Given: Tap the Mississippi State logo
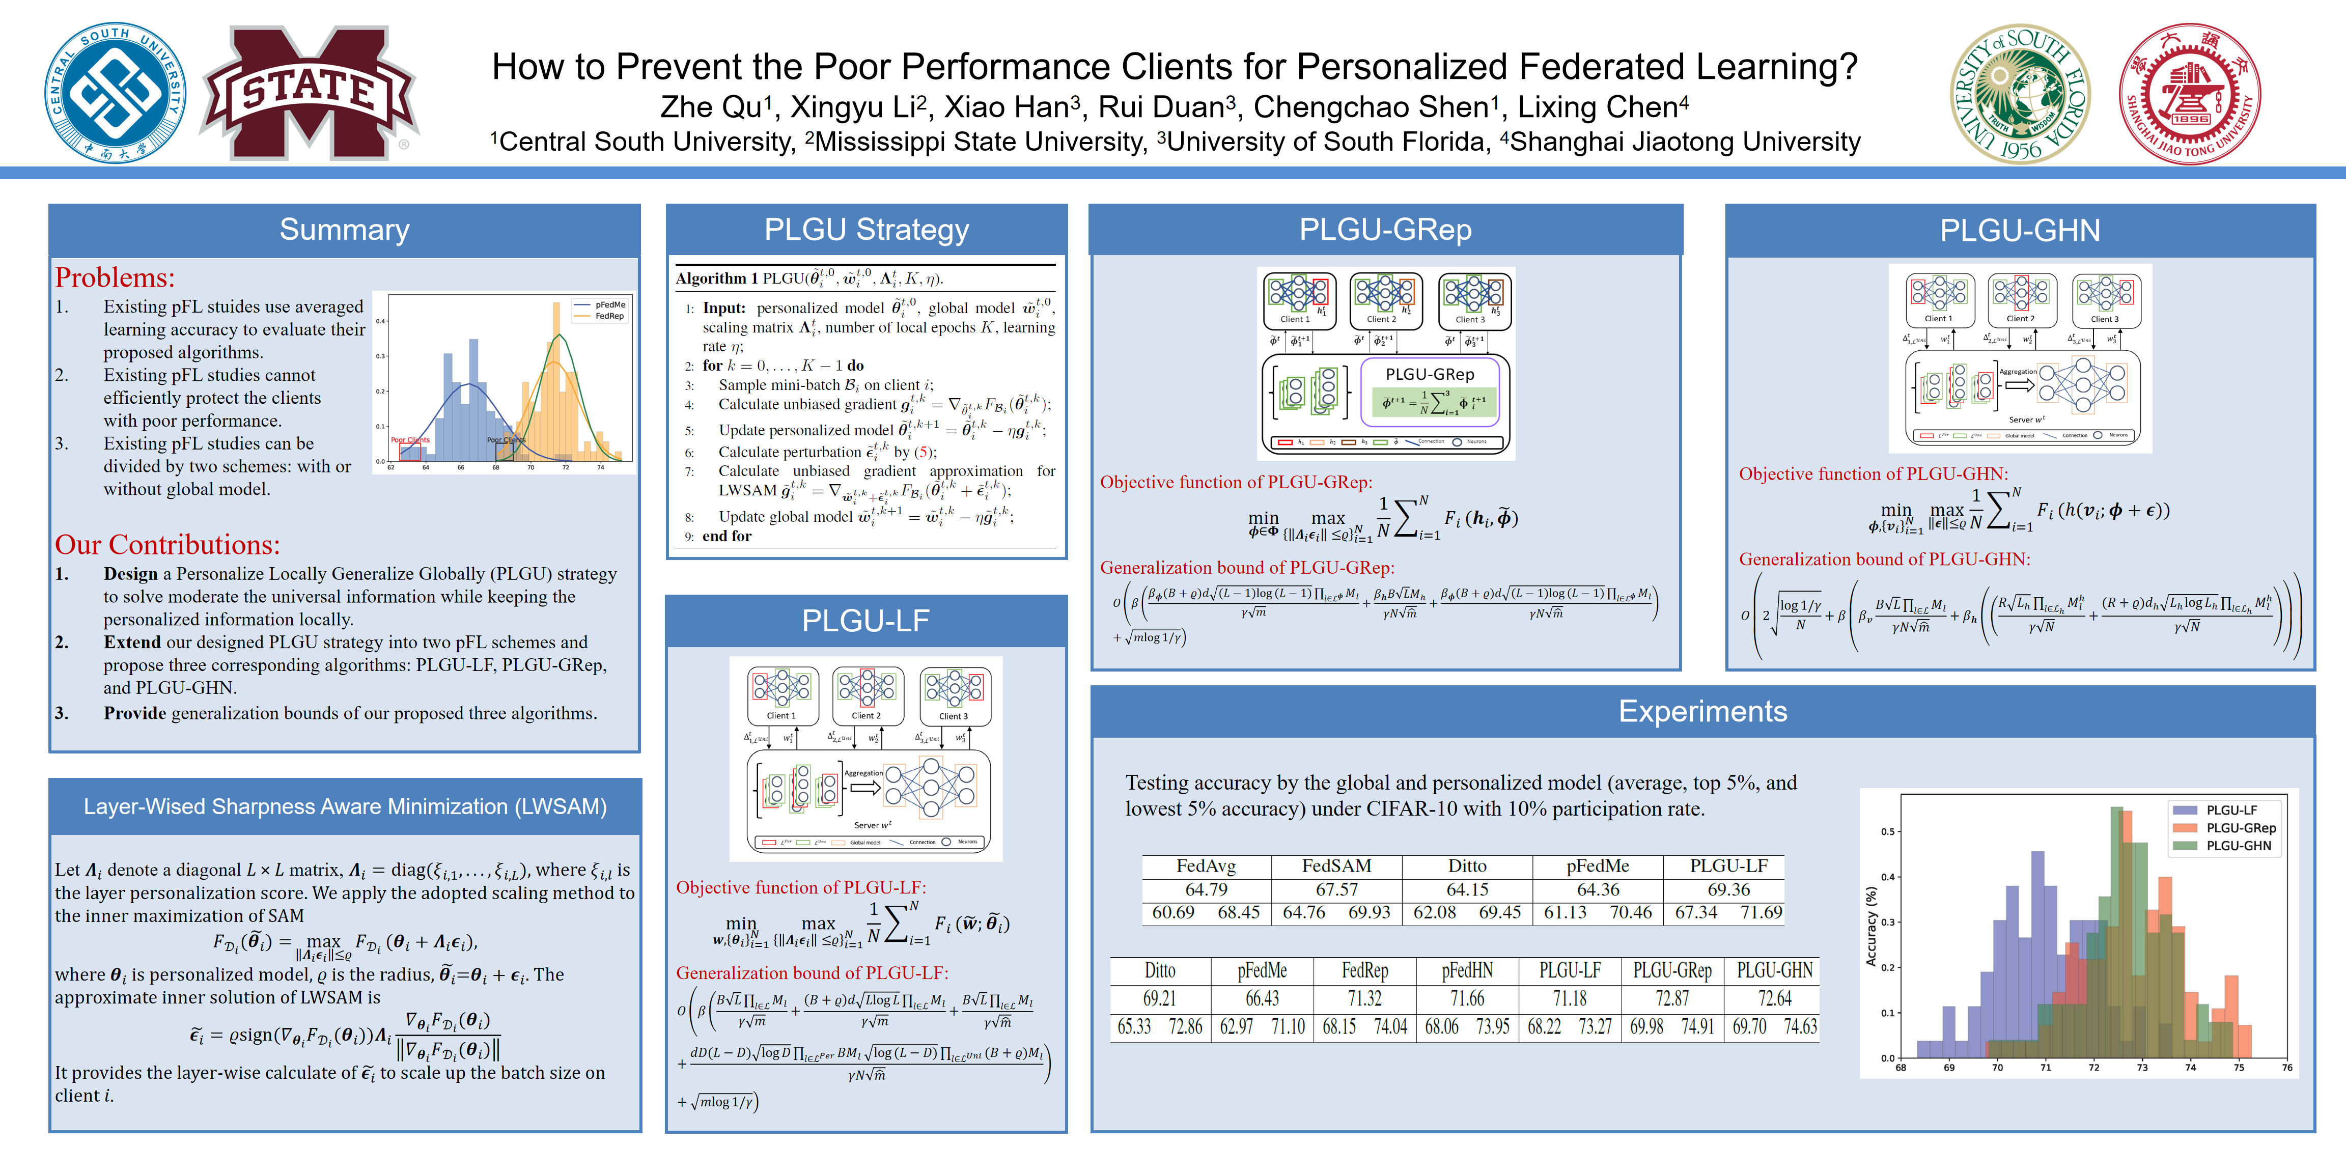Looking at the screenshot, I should [309, 92].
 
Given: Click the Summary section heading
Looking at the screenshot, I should [344, 230].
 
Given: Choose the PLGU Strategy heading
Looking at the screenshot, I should [866, 230].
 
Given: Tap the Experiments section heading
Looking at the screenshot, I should [1702, 711].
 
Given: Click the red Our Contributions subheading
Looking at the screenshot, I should [167, 545].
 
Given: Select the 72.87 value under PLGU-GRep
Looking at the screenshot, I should [1672, 998].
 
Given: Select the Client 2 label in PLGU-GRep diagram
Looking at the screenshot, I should [1381, 320].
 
